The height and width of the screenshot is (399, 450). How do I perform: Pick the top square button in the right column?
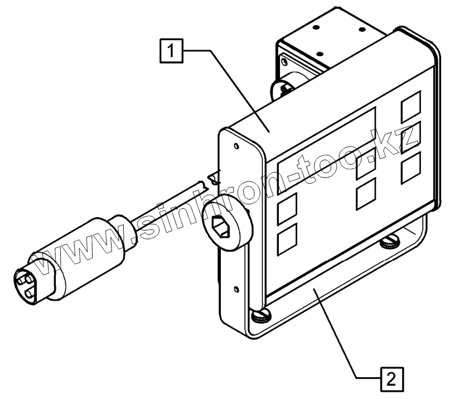click(x=410, y=104)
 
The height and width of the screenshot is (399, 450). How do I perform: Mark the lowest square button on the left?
click(x=287, y=239)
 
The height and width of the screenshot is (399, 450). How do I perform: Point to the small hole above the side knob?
click(x=238, y=147)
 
